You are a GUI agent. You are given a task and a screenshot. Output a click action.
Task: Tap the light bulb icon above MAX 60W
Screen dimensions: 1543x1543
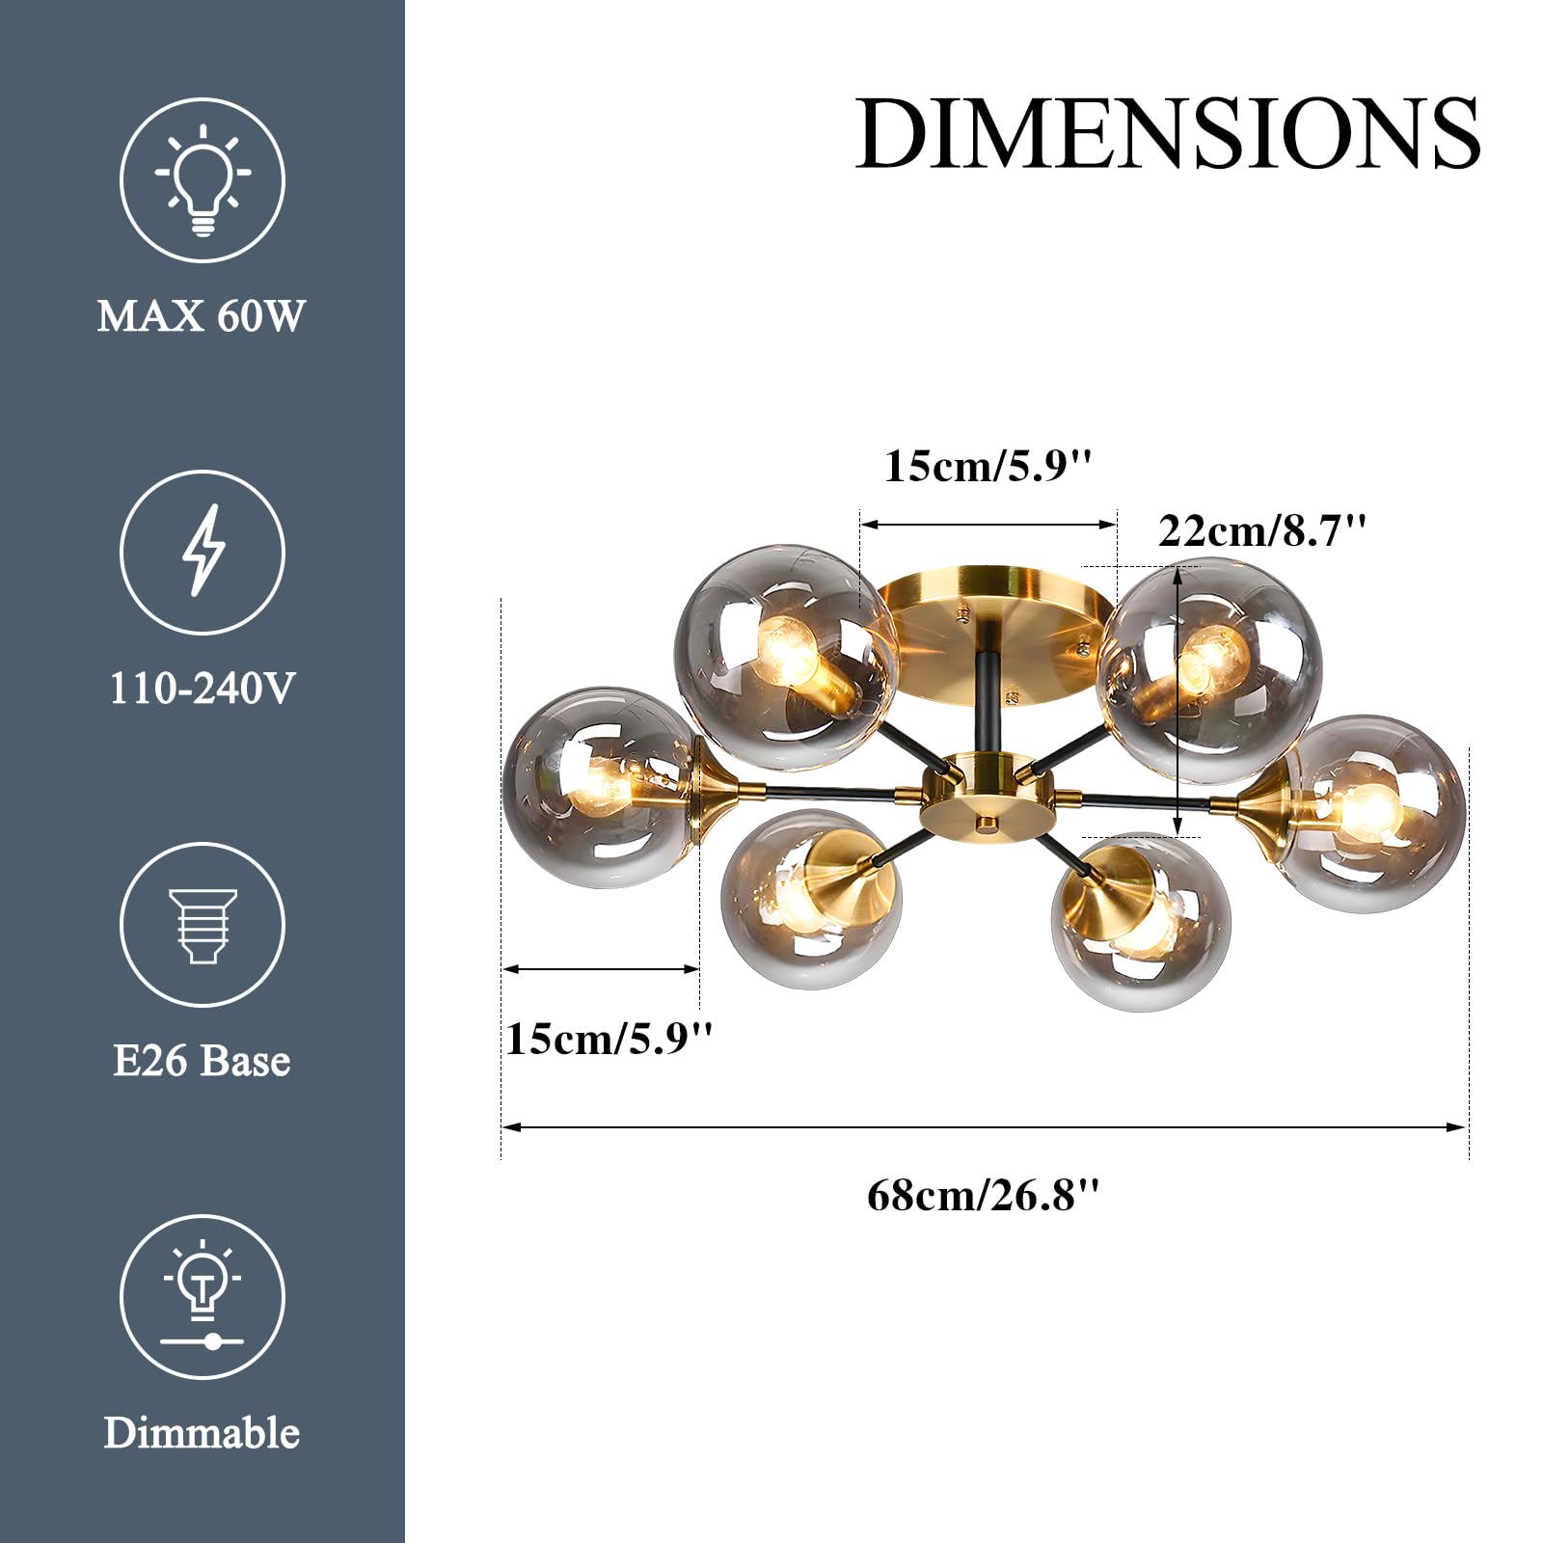[203, 180]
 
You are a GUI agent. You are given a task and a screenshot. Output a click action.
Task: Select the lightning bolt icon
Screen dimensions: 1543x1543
[203, 552]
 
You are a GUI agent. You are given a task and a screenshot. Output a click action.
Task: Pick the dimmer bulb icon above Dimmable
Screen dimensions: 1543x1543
[203, 1295]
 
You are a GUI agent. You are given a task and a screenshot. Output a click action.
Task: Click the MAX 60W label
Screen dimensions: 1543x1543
[202, 316]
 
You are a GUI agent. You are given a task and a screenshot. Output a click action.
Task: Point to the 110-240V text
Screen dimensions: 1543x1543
[202, 689]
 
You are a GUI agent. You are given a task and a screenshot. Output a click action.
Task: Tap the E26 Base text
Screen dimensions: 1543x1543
[202, 1061]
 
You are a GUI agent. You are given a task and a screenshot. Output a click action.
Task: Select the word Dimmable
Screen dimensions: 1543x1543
[202, 1433]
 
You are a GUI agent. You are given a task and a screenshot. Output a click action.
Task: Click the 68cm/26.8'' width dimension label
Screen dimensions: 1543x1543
[983, 1196]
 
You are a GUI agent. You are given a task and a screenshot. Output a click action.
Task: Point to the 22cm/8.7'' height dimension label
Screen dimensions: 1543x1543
[1261, 531]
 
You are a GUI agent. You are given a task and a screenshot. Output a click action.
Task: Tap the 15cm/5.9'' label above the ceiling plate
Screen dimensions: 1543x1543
[988, 466]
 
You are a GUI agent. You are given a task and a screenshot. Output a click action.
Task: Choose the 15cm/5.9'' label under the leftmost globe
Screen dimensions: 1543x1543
[609, 1039]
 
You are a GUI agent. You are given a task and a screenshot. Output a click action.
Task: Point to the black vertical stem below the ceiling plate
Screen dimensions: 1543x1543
[988, 704]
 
